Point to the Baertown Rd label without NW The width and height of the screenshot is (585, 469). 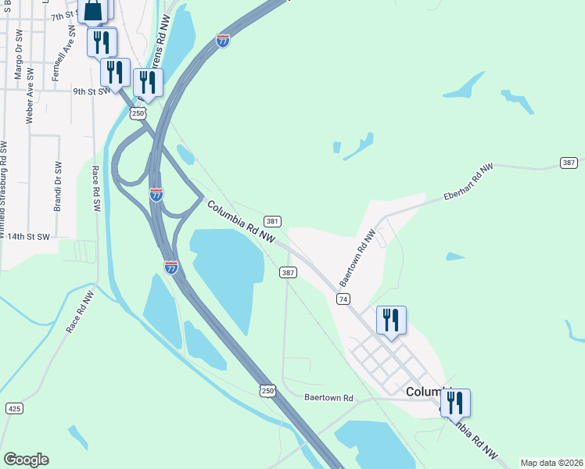coord(329,398)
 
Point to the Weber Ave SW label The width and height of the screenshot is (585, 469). coord(31,96)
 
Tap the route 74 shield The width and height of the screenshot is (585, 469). coord(343,299)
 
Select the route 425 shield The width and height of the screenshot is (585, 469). coord(14,408)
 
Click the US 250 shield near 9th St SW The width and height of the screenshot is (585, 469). coord(138,114)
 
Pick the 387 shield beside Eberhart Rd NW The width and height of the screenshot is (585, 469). coord(569,163)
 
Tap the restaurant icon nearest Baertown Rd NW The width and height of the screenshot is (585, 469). coord(391,320)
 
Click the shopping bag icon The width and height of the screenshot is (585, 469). coord(92,9)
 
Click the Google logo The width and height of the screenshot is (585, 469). coord(26,460)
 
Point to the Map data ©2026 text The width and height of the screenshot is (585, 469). coord(551,463)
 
